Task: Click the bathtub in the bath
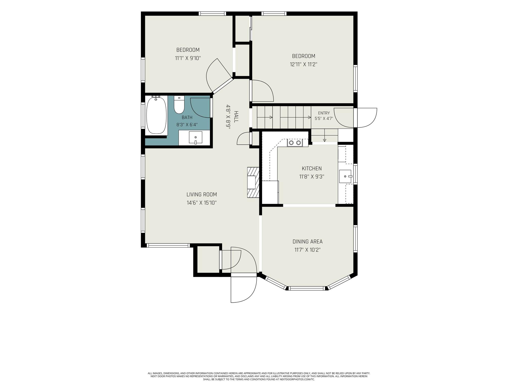tap(157, 115)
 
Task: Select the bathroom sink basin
tap(196, 138)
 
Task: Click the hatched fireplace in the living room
tap(253, 182)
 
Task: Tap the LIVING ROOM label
tap(202, 195)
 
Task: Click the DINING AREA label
tap(308, 242)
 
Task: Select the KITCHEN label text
tap(312, 168)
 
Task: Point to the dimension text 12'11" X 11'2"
tap(304, 64)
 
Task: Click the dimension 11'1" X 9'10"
tap(188, 58)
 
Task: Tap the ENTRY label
tap(324, 113)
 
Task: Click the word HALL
tap(236, 117)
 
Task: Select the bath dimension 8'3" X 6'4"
tap(187, 125)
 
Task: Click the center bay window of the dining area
tap(307, 288)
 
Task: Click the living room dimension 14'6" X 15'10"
tap(202, 203)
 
